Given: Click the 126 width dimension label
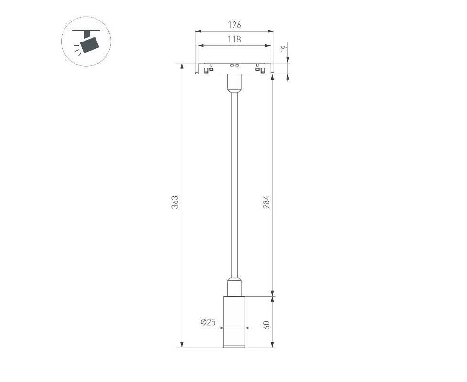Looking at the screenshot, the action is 234,25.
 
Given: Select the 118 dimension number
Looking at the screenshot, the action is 234,39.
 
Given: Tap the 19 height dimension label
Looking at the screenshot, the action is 284,49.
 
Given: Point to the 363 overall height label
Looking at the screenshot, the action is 175,202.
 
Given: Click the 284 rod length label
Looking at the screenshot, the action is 266,202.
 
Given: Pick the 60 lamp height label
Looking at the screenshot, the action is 266,325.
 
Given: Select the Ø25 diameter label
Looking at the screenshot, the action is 208,322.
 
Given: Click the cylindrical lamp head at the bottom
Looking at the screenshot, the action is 234,322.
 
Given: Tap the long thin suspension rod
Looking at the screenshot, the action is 234,185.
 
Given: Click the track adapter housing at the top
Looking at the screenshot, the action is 234,68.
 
